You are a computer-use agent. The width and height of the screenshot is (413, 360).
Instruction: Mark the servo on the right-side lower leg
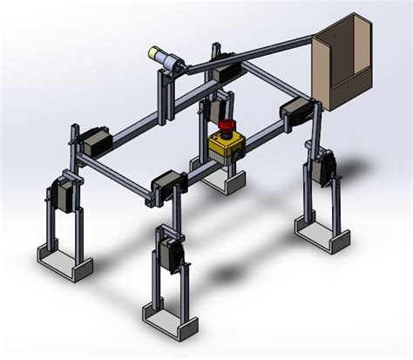327,167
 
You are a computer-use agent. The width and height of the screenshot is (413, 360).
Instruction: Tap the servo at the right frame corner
294,112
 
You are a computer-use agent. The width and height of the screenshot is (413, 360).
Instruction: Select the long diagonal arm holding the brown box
253,55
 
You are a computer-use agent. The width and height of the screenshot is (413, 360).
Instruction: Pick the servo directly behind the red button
212,113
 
